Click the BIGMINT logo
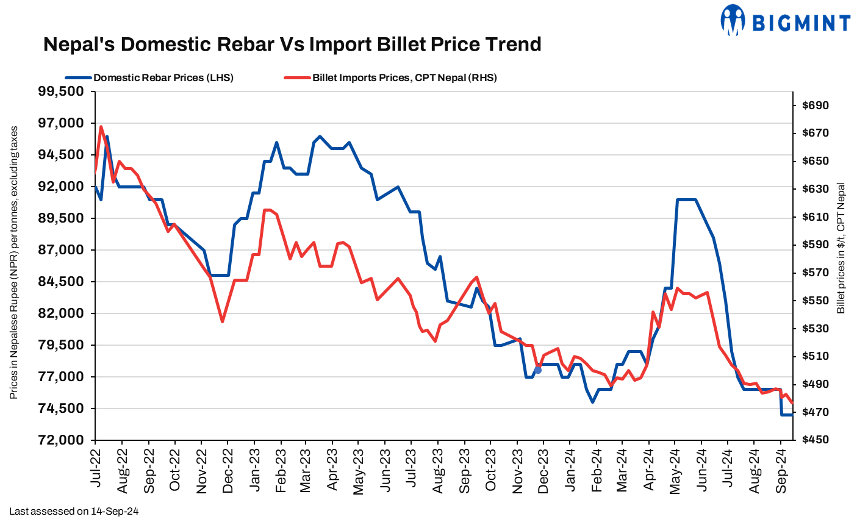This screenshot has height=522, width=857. tap(785, 21)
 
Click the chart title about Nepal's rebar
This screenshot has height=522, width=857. tap(292, 45)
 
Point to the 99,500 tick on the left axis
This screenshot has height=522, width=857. tap(61, 91)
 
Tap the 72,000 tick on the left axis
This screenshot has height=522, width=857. tap(61, 440)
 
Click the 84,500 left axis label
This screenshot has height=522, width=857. tap(61, 282)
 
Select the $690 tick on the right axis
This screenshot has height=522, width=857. tap(816, 105)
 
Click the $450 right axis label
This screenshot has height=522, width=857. tap(816, 440)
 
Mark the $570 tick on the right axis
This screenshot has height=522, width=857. tap(816, 273)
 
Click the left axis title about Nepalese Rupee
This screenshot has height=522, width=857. tap(13, 263)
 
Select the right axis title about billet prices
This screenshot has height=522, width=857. tap(841, 249)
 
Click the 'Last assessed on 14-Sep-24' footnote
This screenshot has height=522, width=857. tap(74, 511)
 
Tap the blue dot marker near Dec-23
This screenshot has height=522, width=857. tap(537, 370)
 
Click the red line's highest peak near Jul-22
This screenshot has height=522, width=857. tap(101, 127)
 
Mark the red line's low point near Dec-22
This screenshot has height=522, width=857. tap(223, 321)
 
